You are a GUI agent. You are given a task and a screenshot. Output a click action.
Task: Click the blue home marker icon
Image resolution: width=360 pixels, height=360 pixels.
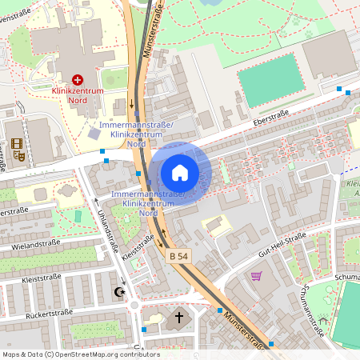[x=179, y=172]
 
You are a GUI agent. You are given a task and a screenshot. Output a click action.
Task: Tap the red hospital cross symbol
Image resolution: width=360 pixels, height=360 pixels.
[x=78, y=80]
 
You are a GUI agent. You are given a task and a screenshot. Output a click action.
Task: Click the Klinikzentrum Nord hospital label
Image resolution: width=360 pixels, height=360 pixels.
[x=78, y=96]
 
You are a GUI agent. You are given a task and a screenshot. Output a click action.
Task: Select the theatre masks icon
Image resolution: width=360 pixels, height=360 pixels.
[x=18, y=146]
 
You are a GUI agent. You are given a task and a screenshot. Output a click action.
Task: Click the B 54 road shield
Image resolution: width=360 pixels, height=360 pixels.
[x=178, y=257]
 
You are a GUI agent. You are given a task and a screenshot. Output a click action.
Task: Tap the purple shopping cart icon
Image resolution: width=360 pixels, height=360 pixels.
[x=256, y=276]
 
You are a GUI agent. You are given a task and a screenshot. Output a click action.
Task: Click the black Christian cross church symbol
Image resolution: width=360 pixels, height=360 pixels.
[x=179, y=318]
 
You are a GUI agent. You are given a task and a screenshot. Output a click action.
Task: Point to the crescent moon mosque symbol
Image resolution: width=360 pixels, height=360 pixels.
[x=121, y=293]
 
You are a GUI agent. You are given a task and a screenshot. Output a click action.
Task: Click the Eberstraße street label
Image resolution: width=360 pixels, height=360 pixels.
[x=270, y=119]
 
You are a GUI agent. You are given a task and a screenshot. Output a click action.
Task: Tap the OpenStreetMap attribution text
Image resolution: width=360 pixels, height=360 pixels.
[x=70, y=354]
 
